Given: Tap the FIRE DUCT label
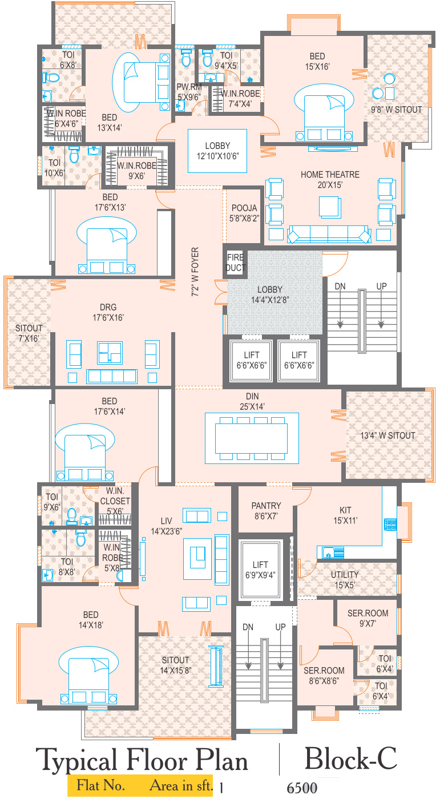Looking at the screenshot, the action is coord(236,262).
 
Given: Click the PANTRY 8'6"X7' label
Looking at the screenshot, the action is coord(266,510).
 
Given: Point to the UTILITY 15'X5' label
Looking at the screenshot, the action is coord(345,580).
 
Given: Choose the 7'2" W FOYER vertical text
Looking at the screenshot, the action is coord(195,272).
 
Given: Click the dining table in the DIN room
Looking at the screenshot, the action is coord(251,438).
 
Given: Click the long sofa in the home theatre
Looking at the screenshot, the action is coord(329,234).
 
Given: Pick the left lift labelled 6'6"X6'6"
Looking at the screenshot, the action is coord(251,360).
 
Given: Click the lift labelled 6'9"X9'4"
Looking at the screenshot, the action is coord(260,570).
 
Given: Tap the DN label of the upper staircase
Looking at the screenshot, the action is coord(340,286).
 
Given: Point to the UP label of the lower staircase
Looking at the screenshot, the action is coord(280,627).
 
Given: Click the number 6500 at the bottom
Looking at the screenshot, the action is coord(302,788).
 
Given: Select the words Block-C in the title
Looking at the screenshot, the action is coord(351,758).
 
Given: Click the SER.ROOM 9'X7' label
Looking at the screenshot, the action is coord(368,618).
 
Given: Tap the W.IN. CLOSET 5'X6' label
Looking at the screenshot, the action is coord(115,501).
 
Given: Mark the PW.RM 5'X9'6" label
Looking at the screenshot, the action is coord(189,92).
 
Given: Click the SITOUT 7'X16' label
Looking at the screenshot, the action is coord(29,333).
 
